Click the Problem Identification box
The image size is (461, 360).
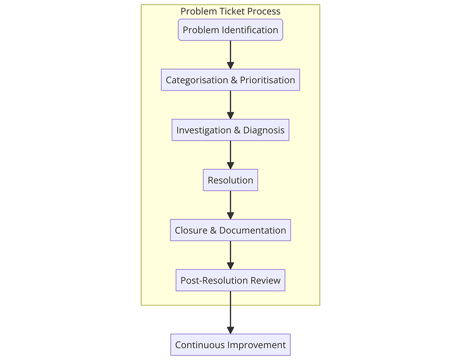(230, 30)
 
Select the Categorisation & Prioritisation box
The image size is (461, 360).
(230, 80)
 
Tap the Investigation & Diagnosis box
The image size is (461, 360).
(230, 130)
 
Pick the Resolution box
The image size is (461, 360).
(230, 180)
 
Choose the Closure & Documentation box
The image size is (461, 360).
(230, 230)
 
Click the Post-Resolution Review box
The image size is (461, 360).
(230, 281)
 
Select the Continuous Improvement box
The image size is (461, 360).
(230, 345)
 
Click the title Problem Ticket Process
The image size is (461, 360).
(230, 11)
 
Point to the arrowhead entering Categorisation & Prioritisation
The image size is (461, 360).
(230, 65)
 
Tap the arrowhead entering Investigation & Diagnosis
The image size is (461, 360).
(230, 116)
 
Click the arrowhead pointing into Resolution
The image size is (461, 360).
(230, 165)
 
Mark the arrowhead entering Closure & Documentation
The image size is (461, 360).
(230, 216)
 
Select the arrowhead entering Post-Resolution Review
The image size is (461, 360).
(230, 266)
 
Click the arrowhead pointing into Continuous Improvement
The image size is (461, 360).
(230, 330)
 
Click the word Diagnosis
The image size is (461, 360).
(263, 130)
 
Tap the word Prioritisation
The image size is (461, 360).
(267, 80)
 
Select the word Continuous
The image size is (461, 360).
(200, 345)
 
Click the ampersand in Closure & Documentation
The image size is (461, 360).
(214, 230)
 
